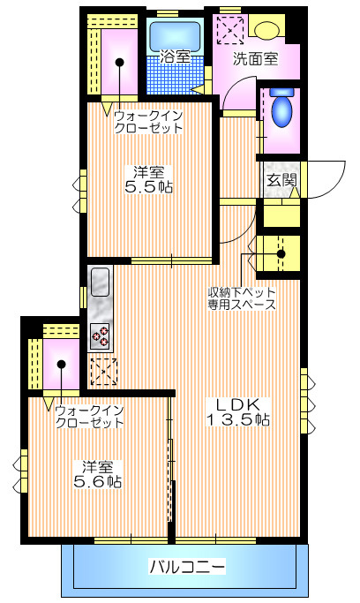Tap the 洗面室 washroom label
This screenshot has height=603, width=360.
(x=254, y=60)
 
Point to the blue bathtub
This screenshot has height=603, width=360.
(x=175, y=34)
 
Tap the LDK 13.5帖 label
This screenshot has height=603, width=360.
(x=238, y=412)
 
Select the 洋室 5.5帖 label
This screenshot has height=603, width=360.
(x=147, y=179)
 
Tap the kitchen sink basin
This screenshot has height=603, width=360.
(x=100, y=282)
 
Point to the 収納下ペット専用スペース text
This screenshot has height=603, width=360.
(x=242, y=298)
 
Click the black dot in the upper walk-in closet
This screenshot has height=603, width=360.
(x=119, y=63)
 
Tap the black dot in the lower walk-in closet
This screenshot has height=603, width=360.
(x=59, y=364)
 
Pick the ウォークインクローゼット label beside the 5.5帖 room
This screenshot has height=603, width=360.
(x=149, y=122)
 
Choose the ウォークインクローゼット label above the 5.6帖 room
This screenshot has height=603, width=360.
(x=88, y=417)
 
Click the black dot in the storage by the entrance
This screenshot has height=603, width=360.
(x=281, y=253)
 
